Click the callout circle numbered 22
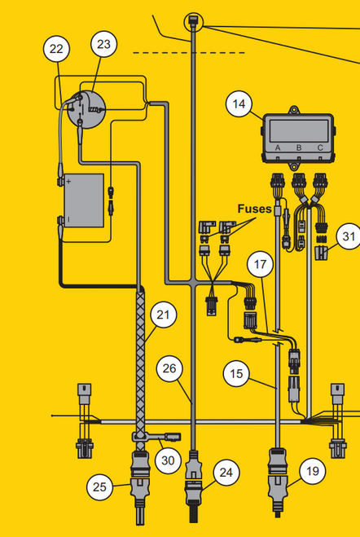point(56,50)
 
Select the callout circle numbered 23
point(103,44)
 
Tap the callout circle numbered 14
point(238,103)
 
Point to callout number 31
point(349,237)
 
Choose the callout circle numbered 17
point(260,265)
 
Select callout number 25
point(100,487)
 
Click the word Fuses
point(255,209)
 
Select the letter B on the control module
point(299,147)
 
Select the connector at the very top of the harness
point(193,20)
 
